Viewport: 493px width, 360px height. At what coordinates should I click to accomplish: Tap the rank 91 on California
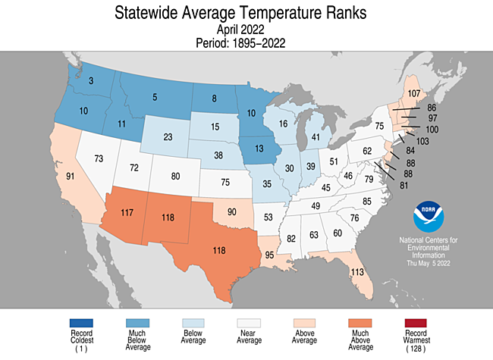(x=70, y=176)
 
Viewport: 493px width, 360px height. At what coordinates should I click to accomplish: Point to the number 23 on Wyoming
(x=168, y=138)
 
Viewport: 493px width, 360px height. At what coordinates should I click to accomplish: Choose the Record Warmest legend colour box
(x=416, y=324)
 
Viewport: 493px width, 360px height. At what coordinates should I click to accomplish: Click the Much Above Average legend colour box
(x=360, y=324)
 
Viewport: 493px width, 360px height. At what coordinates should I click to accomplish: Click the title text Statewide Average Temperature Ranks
(x=246, y=13)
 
